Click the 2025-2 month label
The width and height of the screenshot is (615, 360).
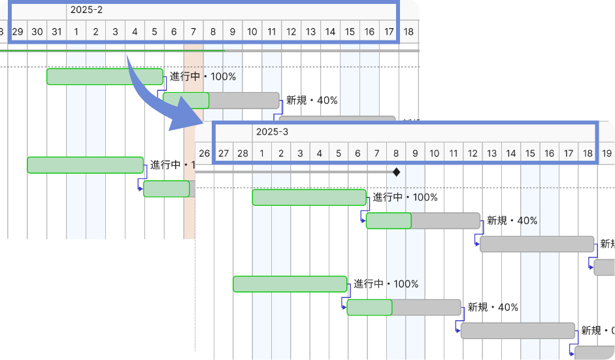(86, 10)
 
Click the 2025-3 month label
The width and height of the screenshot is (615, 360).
(272, 132)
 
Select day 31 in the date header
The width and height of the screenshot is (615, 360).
(57, 31)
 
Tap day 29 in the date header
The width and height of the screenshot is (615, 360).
(18, 31)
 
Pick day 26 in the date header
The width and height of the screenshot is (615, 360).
(204, 154)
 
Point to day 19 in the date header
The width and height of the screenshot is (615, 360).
(607, 154)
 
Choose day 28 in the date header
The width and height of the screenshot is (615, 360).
(242, 154)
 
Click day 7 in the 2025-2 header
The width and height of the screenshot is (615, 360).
(193, 31)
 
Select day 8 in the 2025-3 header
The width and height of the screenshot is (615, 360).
(396, 154)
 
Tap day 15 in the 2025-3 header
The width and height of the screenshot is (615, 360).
(530, 154)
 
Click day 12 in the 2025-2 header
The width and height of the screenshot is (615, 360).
(291, 31)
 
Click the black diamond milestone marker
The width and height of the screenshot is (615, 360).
(396, 172)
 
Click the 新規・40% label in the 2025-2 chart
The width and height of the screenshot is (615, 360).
(312, 100)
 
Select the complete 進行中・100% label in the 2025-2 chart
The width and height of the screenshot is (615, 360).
(203, 76)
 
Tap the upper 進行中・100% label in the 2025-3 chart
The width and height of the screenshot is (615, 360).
(405, 197)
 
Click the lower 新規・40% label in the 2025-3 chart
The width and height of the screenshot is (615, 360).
(493, 307)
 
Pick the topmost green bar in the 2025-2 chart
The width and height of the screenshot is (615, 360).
(105, 76)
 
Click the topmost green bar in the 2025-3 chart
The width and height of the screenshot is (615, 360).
(309, 197)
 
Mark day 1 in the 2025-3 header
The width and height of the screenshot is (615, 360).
(262, 154)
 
